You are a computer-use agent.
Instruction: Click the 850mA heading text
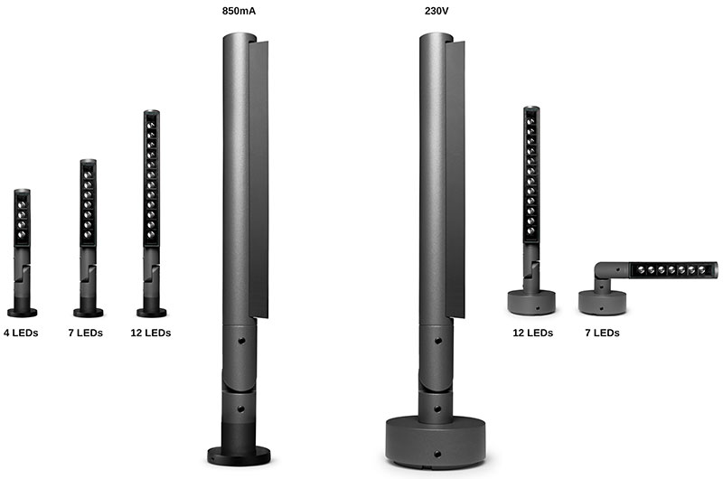coord(239,11)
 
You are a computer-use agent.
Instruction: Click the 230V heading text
coord(437,11)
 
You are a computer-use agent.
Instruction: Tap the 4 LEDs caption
coord(21,333)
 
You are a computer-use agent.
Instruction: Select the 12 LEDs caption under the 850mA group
coord(151,333)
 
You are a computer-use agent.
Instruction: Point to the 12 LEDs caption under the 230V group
coord(533,333)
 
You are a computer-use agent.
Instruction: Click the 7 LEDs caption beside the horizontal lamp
coord(602,333)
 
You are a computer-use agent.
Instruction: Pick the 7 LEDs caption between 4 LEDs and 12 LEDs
coord(86,333)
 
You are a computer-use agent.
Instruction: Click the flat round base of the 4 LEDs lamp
coord(22,313)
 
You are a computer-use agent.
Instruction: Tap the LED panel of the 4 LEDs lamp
coord(22,220)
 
